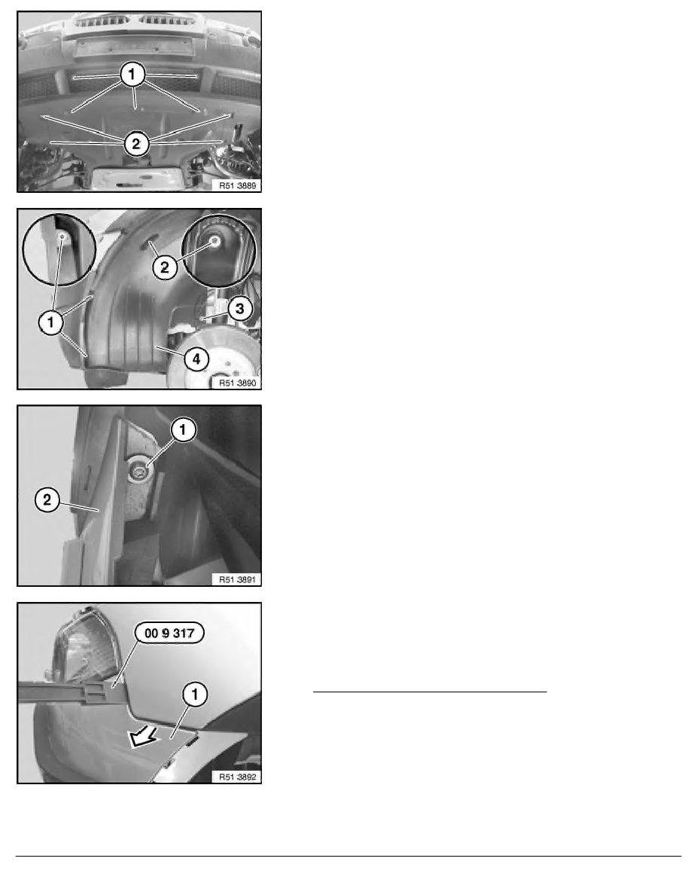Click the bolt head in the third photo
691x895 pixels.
140,472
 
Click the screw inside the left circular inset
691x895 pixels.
59,239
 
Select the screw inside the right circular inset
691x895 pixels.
215,241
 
